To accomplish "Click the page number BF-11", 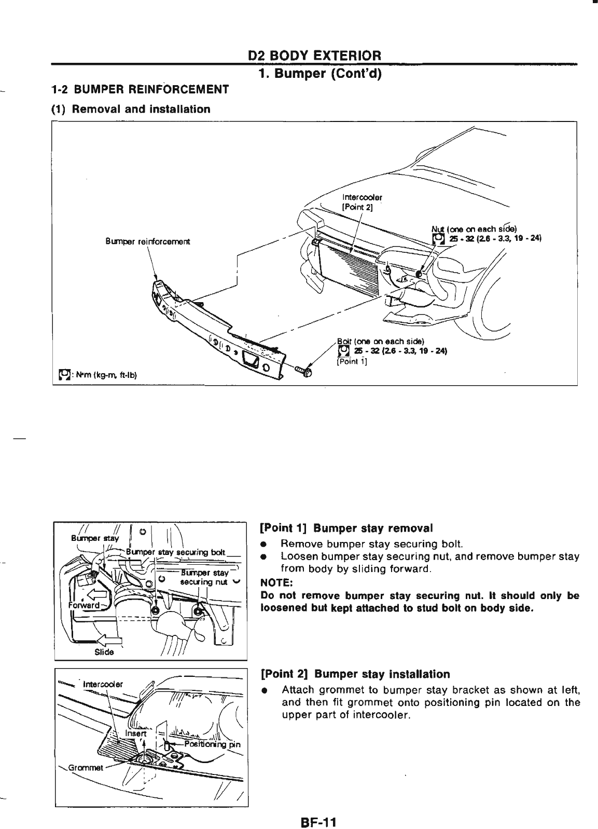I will (x=317, y=809).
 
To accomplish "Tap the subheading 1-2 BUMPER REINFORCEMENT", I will (x=140, y=89).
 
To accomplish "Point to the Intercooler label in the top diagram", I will (x=363, y=197).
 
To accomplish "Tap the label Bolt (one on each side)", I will (x=381, y=341).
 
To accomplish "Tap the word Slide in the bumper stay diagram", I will (x=104, y=652).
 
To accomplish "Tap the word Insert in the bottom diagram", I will (x=136, y=734).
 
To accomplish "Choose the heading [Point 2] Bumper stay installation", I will (x=355, y=674).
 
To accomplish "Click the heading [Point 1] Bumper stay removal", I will (x=346, y=528).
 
